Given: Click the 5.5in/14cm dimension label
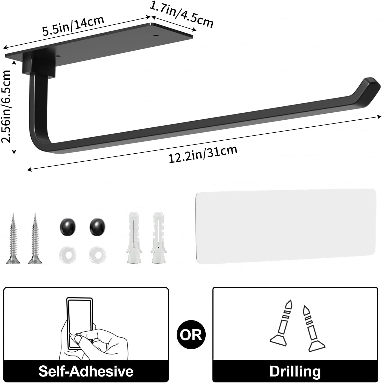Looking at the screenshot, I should click(73, 26).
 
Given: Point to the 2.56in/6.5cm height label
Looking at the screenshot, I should click(6, 106).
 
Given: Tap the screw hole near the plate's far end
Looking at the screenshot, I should click(156, 35).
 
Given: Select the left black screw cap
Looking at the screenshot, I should click(68, 227).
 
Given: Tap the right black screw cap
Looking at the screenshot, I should click(97, 227).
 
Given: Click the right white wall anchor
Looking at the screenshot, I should click(158, 237).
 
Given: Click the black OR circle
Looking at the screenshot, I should click(191, 335).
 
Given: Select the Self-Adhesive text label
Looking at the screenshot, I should click(86, 371).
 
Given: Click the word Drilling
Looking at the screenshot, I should click(295, 371).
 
